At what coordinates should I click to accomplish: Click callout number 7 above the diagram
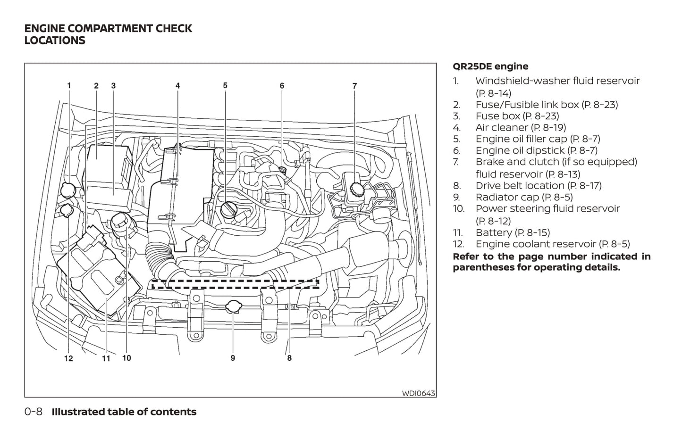pyautogui.click(x=354, y=86)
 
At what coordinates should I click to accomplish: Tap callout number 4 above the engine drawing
pyautogui.click(x=177, y=86)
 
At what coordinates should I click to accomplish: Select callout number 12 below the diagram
pyautogui.click(x=69, y=358)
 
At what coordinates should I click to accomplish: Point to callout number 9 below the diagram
pyautogui.click(x=233, y=358)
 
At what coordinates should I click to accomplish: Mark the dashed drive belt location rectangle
pyautogui.click(x=235, y=284)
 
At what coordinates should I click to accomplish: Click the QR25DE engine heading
pyautogui.click(x=490, y=66)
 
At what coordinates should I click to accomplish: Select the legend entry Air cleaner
pyautogui.click(x=521, y=127)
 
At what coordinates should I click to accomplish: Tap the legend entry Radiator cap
pyautogui.click(x=524, y=197)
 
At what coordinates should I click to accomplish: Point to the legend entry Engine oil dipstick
pyautogui.click(x=536, y=150)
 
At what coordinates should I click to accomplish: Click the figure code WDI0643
pyautogui.click(x=418, y=393)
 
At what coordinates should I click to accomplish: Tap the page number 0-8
pyautogui.click(x=34, y=412)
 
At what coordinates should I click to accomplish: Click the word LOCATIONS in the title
pyautogui.click(x=55, y=41)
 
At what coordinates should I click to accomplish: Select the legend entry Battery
pyautogui.click(x=513, y=232)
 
